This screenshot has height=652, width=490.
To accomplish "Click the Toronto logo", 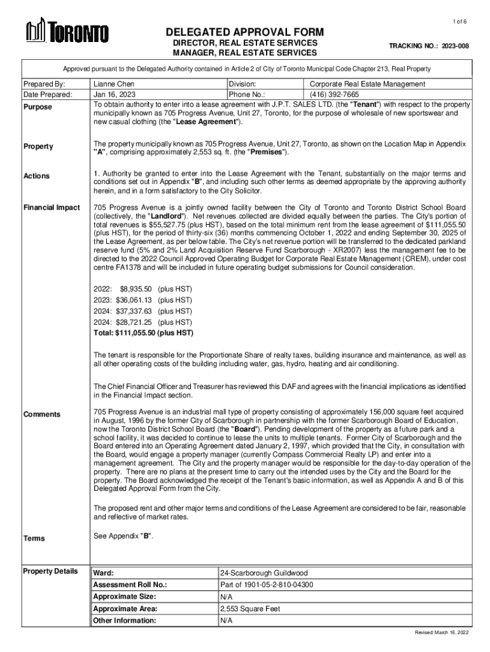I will pyautogui.click(x=67, y=32).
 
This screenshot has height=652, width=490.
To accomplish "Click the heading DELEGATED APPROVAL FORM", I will pyautogui.click(x=245, y=32).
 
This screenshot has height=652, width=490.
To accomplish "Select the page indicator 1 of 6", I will pyautogui.click(x=459, y=22).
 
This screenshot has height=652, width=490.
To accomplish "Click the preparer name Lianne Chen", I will pyautogui.click(x=113, y=84).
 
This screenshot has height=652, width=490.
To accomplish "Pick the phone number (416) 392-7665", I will pyautogui.click(x=336, y=94).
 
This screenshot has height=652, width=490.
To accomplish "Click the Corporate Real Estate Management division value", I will pyautogui.click(x=367, y=84).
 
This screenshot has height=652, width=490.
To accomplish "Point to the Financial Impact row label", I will pyautogui.click(x=52, y=208).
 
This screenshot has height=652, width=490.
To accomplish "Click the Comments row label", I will pyautogui.click(x=42, y=415).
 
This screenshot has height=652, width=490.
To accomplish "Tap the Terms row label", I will pyautogui.click(x=34, y=538).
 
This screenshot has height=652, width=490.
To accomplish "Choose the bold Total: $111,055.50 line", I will pyautogui.click(x=143, y=332).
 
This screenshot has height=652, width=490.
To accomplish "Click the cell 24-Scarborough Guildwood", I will pyautogui.click(x=263, y=573).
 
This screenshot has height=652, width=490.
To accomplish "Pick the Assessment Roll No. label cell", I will pyautogui.click(x=130, y=585).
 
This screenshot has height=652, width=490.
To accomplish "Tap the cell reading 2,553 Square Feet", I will pyautogui.click(x=250, y=608).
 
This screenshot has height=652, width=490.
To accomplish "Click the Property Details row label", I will pyautogui.click(x=50, y=570).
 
